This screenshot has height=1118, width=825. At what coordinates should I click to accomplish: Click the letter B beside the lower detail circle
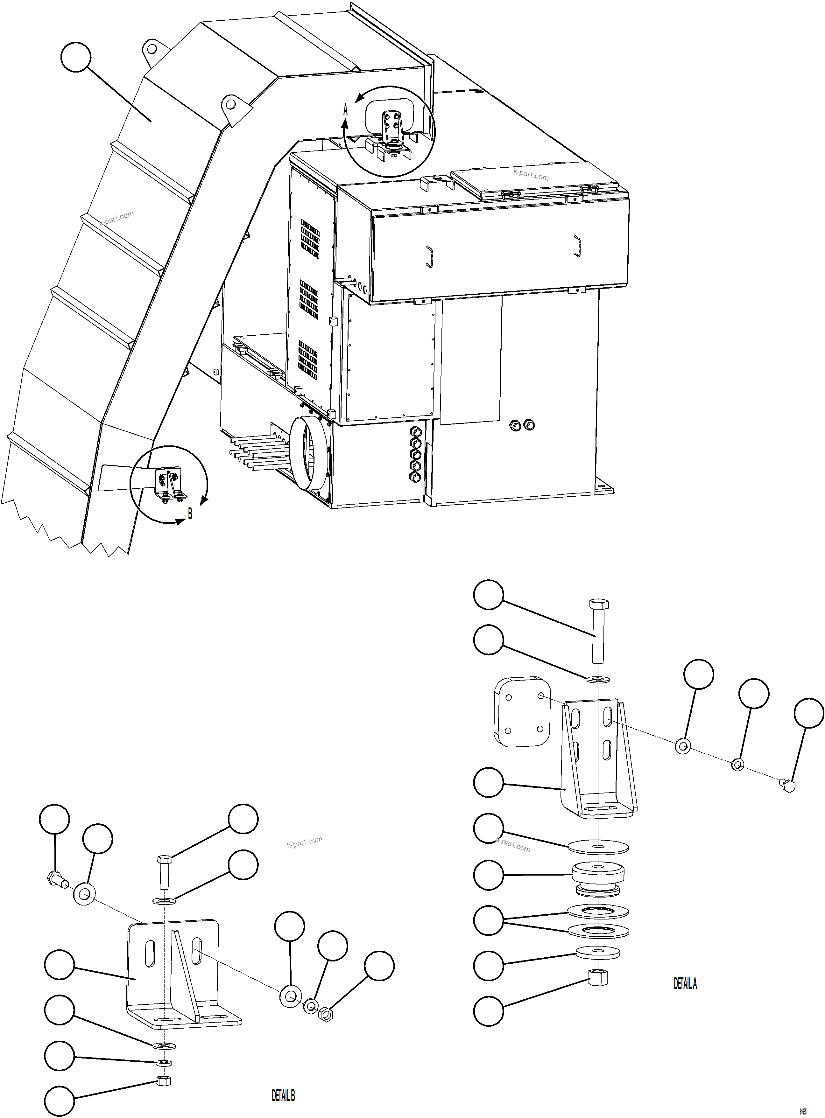coord(190,514)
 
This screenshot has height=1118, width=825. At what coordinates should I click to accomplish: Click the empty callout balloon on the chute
coord(76,57)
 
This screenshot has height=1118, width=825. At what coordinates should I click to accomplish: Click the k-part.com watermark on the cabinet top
coord(530,174)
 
